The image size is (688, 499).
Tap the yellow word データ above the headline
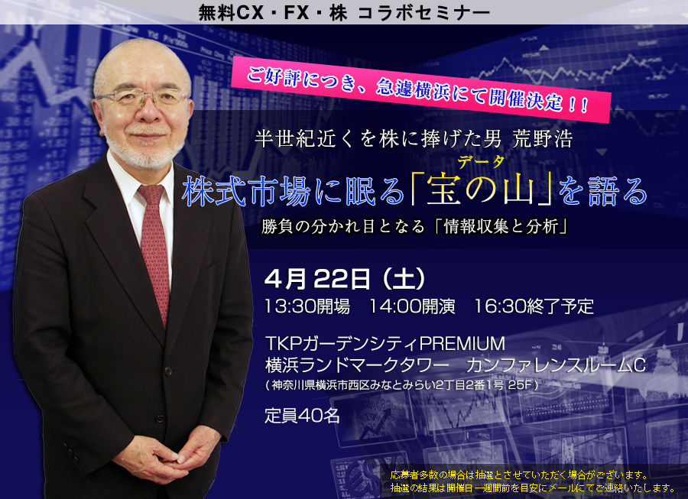tap(481, 162)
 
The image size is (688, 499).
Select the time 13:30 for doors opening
tap(290, 306)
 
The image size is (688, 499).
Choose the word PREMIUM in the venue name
tap(462, 343)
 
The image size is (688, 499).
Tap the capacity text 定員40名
tap(302, 415)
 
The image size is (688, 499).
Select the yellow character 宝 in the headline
tap(443, 192)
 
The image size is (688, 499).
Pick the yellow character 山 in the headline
tap(519, 192)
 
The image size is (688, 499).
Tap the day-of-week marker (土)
tap(404, 280)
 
